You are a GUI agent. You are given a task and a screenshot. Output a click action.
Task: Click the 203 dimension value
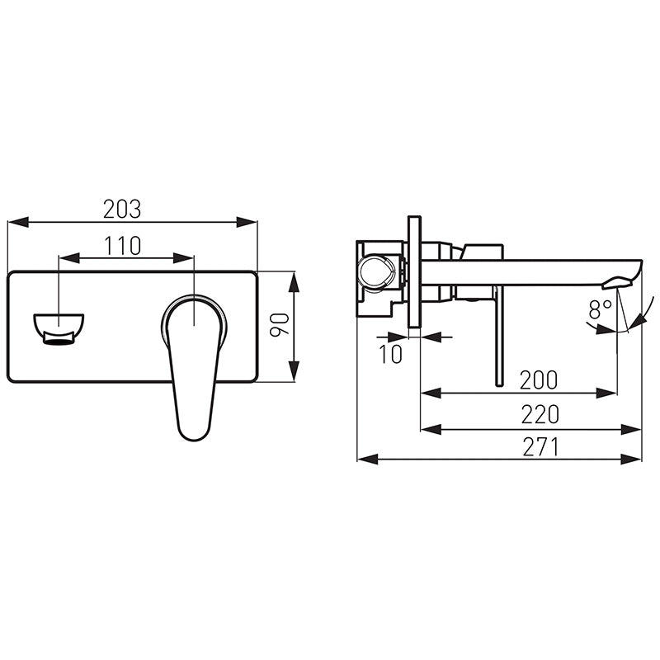122,209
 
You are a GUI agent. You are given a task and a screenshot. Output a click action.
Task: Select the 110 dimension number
123,246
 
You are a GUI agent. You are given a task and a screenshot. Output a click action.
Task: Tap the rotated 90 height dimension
280,324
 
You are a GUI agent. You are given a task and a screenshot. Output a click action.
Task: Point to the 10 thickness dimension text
391,354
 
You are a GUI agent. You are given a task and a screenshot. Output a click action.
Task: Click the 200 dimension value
539,379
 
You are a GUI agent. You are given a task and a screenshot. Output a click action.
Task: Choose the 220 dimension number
540,415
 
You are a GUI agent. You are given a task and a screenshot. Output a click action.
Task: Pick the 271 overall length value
540,447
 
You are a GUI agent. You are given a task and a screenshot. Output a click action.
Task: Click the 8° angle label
600,309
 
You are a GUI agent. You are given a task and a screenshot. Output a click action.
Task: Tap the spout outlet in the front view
59,329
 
